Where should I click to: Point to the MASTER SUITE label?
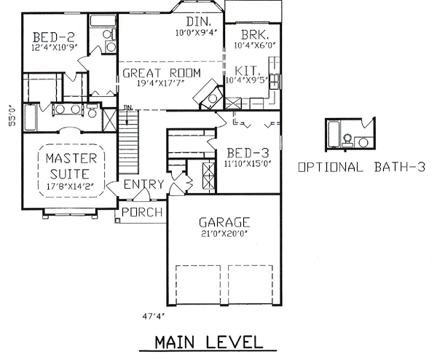(67, 165)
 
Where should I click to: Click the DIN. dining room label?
(198, 22)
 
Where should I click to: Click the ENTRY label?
(143, 184)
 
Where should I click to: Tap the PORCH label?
(141, 212)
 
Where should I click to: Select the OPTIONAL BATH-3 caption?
(361, 167)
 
